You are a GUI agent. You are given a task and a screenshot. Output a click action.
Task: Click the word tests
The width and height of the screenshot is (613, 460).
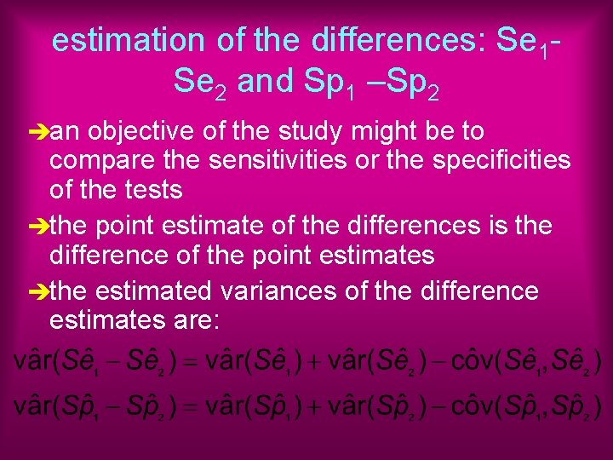(x=154, y=189)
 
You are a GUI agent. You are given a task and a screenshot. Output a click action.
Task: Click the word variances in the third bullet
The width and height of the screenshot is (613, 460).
(x=278, y=291)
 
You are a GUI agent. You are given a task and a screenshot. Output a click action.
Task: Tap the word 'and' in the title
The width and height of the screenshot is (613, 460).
(x=265, y=82)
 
